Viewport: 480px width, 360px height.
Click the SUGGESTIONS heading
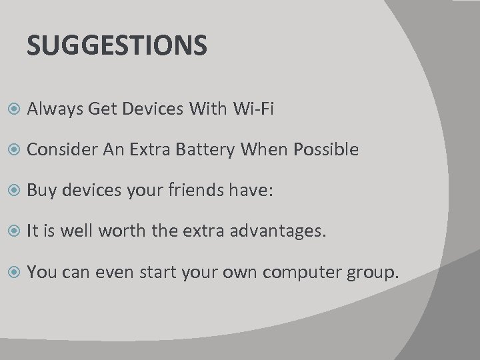[117, 46]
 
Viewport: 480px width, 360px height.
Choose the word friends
[197, 191]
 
